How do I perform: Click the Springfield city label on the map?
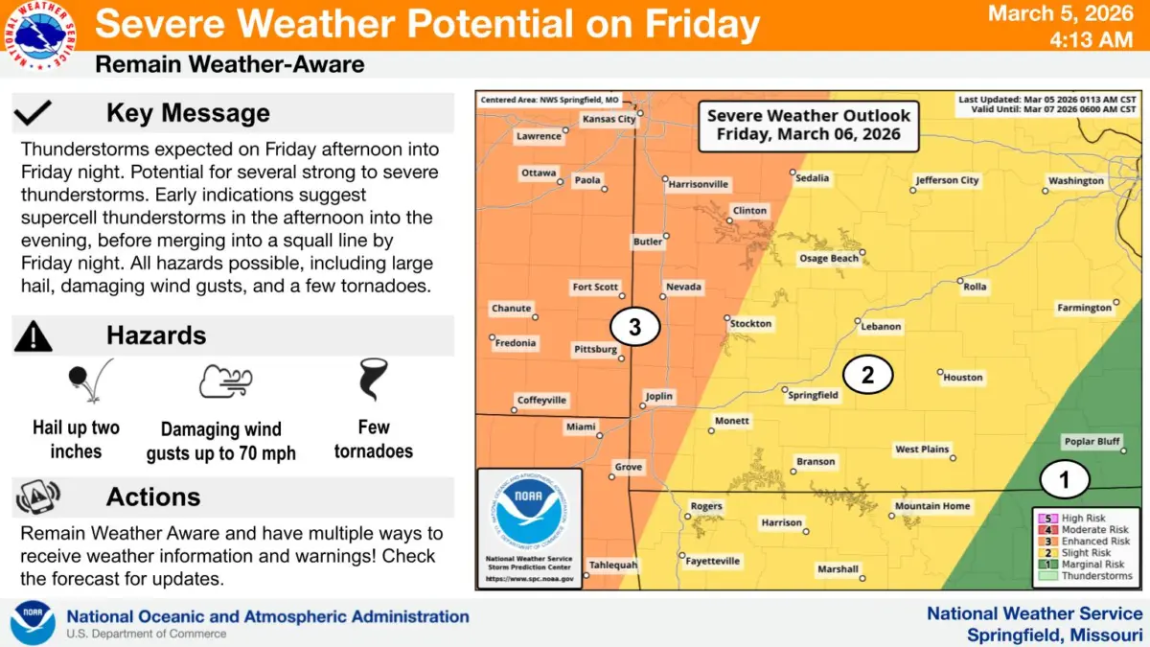[813, 395]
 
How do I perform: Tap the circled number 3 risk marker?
[634, 327]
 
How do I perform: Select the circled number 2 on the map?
[867, 375]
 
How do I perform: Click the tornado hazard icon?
[372, 380]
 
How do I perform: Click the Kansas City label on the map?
[609, 120]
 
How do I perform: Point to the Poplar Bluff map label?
[1092, 442]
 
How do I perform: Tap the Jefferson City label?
[947, 180]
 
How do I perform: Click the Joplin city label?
[659, 396]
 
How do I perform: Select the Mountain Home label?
[931, 506]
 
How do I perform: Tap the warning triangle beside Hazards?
[34, 335]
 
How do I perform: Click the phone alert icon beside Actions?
[37, 497]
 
